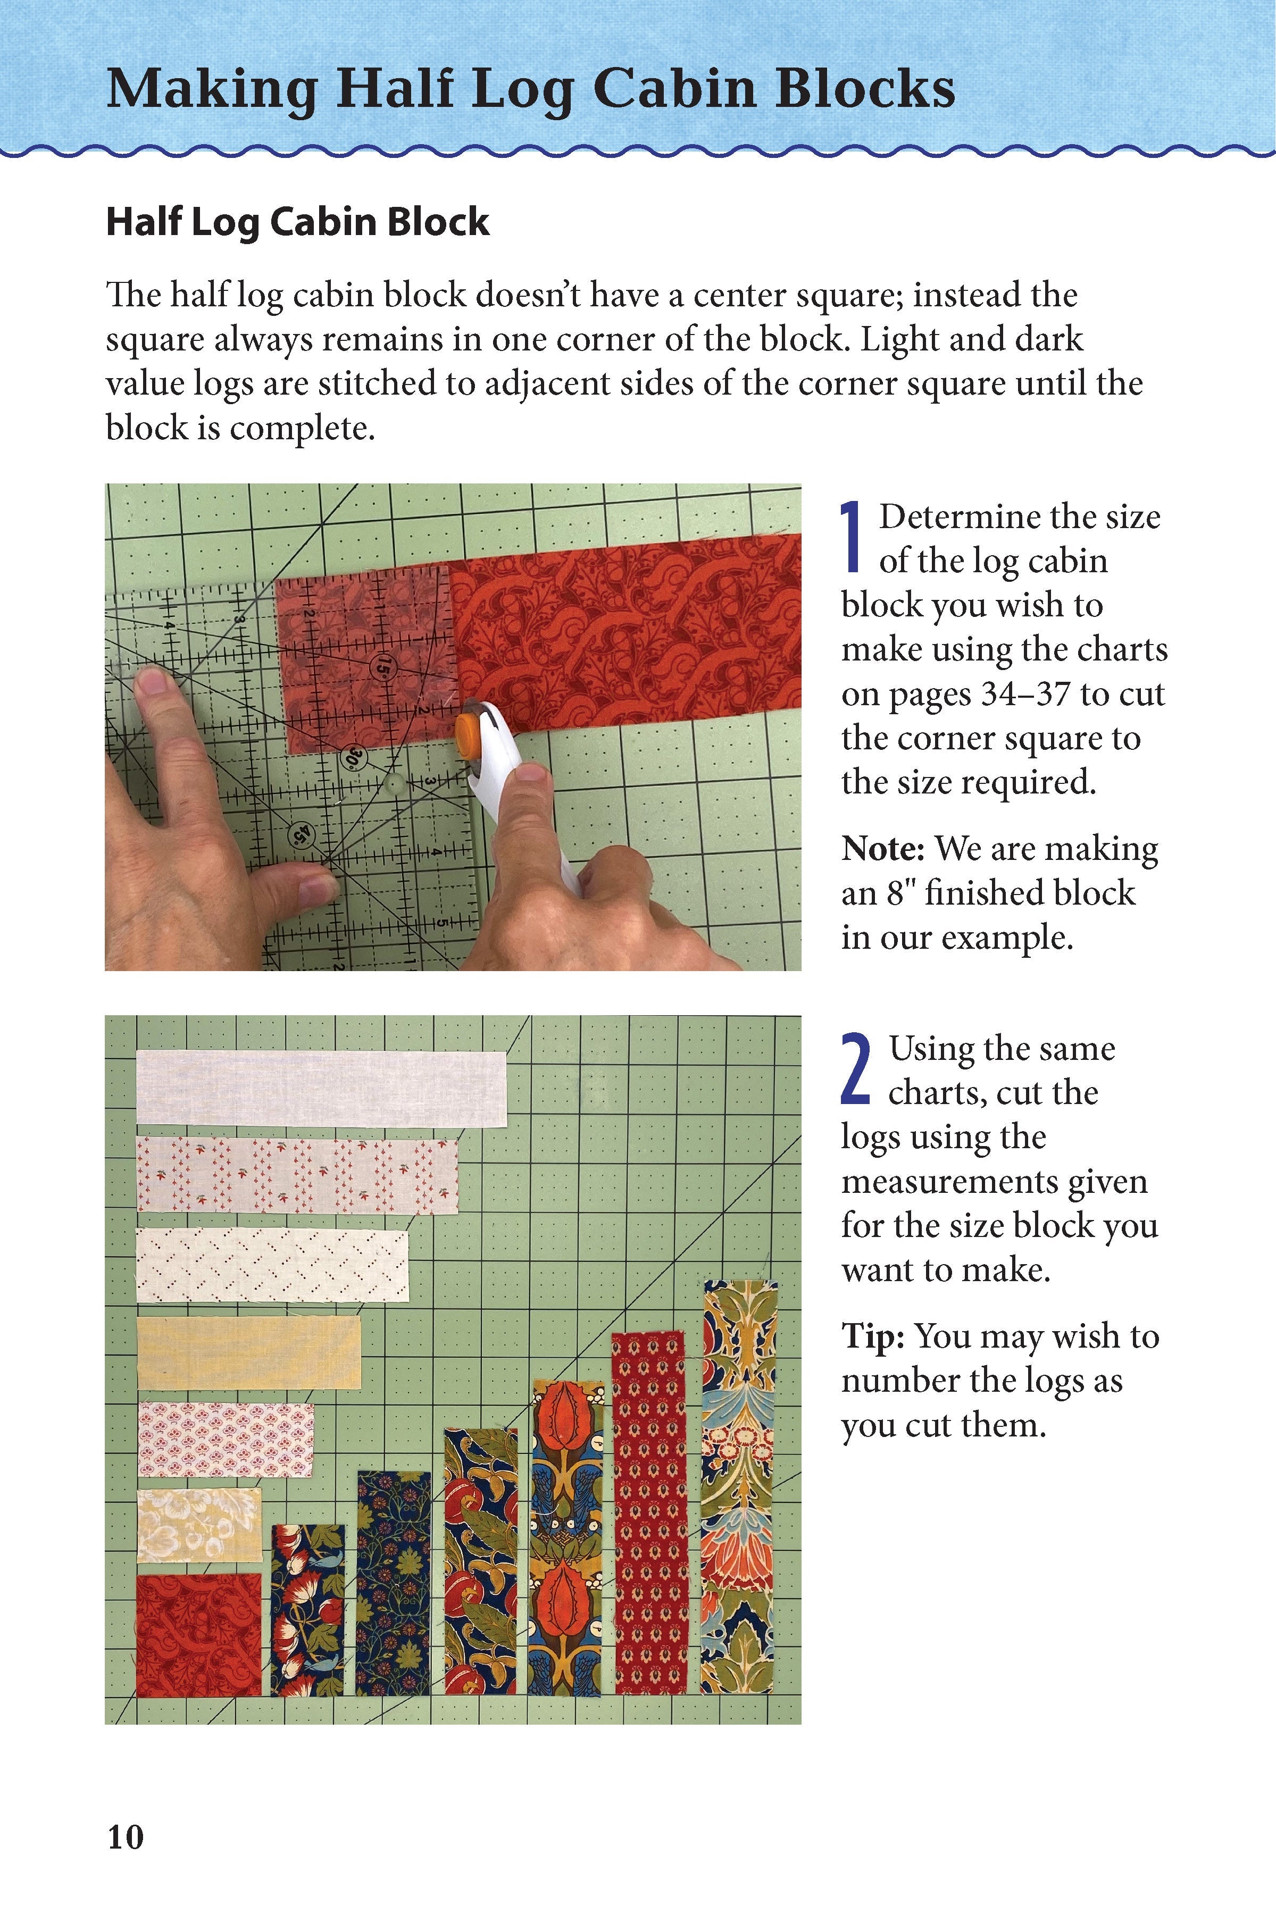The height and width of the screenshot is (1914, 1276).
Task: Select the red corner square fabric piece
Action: pos(198,1634)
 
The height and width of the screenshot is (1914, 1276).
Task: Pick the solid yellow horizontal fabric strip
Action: pos(248,1352)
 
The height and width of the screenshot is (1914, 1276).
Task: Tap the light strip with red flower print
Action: pos(297,1174)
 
